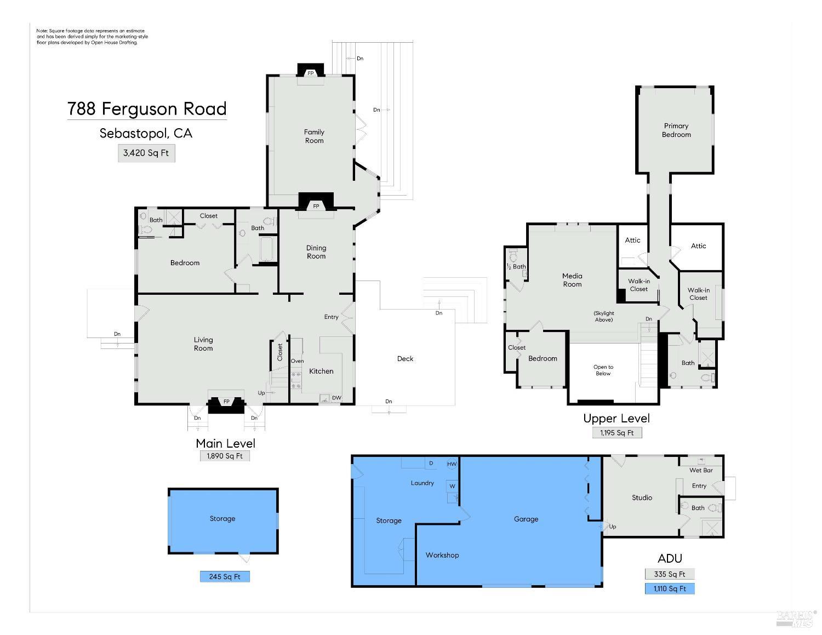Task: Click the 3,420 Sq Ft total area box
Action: pyautogui.click(x=146, y=153)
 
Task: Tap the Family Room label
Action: pyautogui.click(x=314, y=136)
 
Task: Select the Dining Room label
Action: pyautogui.click(x=316, y=252)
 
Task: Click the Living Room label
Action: pyautogui.click(x=203, y=344)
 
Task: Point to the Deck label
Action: pyautogui.click(x=405, y=358)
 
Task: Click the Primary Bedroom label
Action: pyautogui.click(x=676, y=130)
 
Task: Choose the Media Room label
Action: pyautogui.click(x=572, y=280)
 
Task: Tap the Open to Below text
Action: pyautogui.click(x=603, y=370)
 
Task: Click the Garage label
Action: pyautogui.click(x=526, y=519)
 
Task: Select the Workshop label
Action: pyautogui.click(x=442, y=555)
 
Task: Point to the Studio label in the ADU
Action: pyautogui.click(x=642, y=497)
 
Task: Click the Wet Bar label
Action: pyautogui.click(x=701, y=470)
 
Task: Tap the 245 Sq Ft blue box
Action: pyautogui.click(x=225, y=576)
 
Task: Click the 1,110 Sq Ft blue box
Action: pyautogui.click(x=669, y=588)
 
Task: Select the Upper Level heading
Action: pyautogui.click(x=616, y=419)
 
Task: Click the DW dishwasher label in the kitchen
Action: pyautogui.click(x=336, y=398)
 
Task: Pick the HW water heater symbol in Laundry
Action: pyautogui.click(x=452, y=464)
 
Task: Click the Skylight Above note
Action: pyautogui.click(x=603, y=316)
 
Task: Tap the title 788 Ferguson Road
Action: pyautogui.click(x=147, y=108)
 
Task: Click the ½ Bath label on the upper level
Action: pyautogui.click(x=516, y=267)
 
